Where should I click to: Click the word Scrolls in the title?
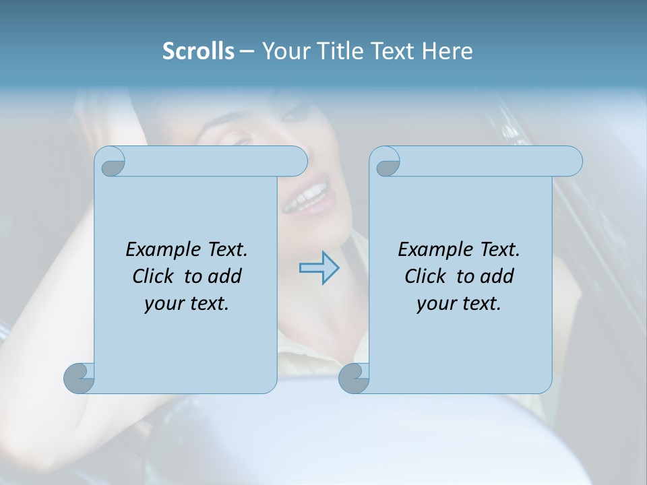tap(198, 51)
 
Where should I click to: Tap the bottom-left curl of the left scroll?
tap(80, 378)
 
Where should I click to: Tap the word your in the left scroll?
tap(162, 303)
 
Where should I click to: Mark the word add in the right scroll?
tap(497, 276)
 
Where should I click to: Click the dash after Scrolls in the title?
tap(247, 51)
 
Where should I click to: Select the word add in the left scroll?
tap(225, 276)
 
